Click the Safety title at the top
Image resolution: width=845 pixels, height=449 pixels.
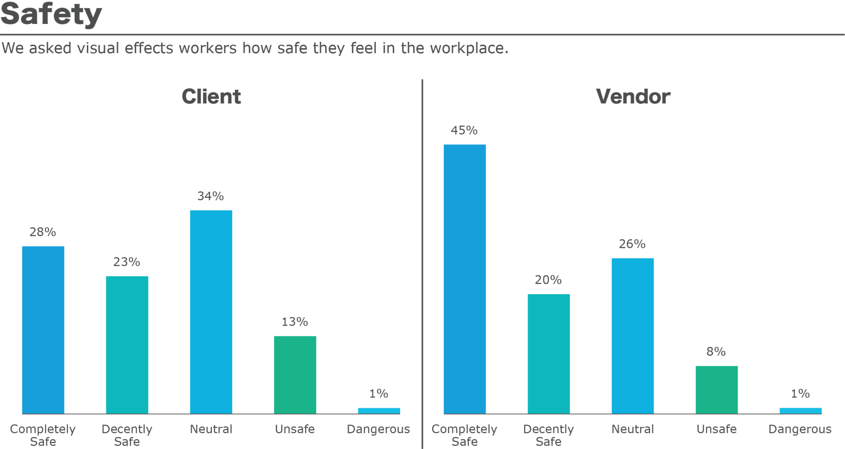51,14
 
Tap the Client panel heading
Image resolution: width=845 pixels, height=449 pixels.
211,97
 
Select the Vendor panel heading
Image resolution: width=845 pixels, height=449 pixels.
633,97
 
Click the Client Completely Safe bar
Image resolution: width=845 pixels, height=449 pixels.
43,330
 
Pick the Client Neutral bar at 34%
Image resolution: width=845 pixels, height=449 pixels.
211,312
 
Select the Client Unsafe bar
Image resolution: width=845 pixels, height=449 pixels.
295,375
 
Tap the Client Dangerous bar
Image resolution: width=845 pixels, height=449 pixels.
379,411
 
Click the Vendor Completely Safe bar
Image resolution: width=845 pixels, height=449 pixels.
465,279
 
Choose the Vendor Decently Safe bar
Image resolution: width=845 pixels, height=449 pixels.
548,354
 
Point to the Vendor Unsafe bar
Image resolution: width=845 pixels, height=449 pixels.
716,390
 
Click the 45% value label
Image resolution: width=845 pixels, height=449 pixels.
464,130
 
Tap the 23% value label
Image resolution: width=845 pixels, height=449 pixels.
127,262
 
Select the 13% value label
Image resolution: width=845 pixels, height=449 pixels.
295,322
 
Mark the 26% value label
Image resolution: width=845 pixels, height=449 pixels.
632,244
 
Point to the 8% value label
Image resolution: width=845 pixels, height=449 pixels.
716,352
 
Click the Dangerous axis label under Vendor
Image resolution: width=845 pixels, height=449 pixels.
800,429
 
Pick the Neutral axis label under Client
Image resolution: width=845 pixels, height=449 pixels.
211,429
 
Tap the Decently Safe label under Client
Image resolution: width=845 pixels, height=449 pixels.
127,435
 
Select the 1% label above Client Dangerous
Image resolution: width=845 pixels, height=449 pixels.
378,394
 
